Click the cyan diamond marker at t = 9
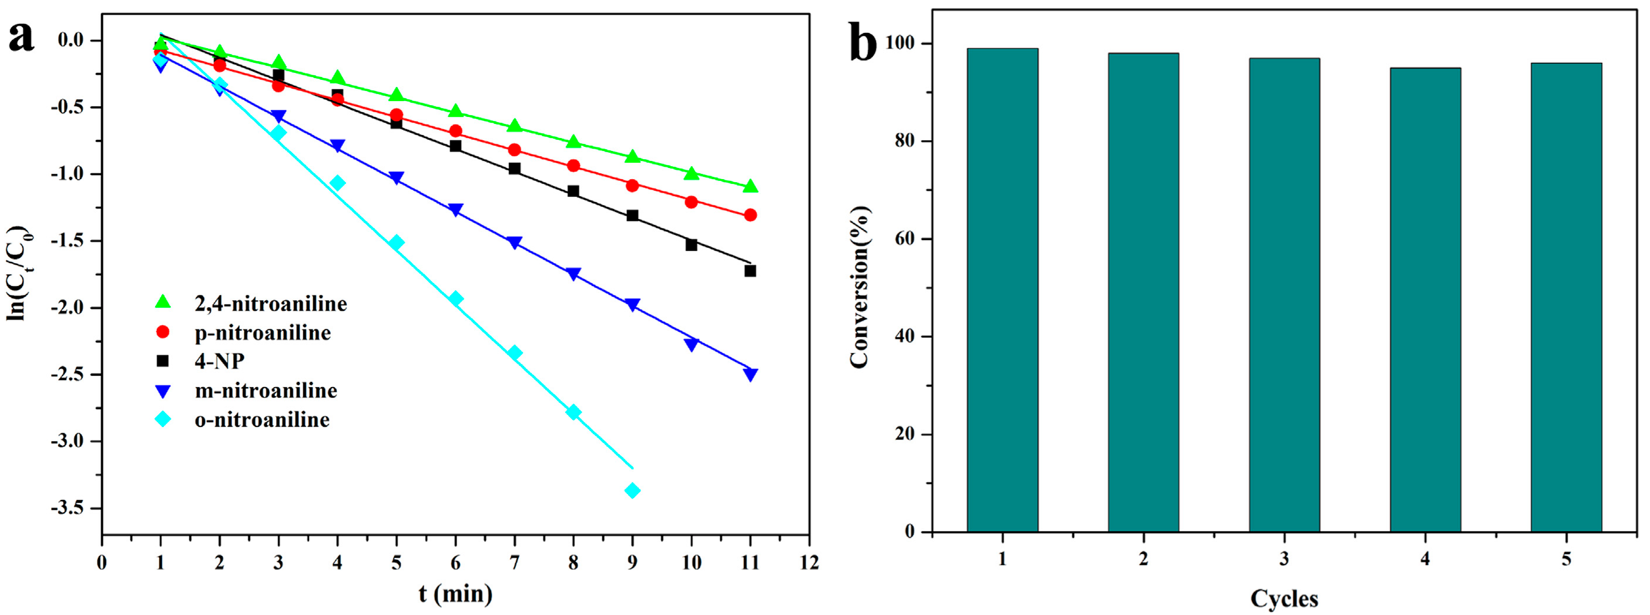tap(632, 490)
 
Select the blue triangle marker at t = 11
tap(750, 375)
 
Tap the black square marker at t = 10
tap(691, 245)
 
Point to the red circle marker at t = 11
tap(750, 215)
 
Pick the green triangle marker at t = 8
tap(574, 142)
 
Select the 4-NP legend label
tap(219, 361)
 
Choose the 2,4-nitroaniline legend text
tap(270, 304)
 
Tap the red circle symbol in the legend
tap(163, 332)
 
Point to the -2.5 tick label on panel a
tap(71, 374)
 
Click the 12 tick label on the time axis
tap(810, 563)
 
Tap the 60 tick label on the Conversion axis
tap(904, 239)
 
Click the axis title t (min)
tap(455, 594)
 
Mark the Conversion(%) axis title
tap(860, 287)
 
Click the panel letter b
tap(863, 42)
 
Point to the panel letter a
tap(21, 37)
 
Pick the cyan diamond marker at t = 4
tap(337, 183)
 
